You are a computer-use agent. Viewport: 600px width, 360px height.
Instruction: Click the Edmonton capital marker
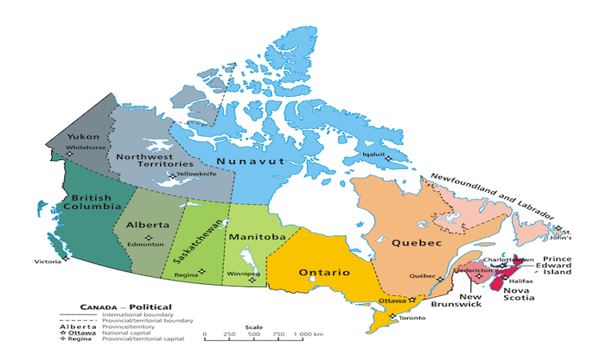point(148,237)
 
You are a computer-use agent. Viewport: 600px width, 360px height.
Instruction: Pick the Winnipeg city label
point(244,274)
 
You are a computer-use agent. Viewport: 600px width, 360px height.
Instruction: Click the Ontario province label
point(324,273)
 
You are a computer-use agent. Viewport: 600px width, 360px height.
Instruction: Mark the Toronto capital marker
point(390,317)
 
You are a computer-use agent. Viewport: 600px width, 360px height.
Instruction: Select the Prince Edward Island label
point(557,266)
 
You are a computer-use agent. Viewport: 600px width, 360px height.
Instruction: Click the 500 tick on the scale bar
point(253,334)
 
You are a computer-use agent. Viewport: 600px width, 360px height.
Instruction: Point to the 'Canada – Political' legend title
point(125,307)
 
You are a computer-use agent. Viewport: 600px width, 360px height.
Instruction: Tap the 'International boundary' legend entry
point(130,314)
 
